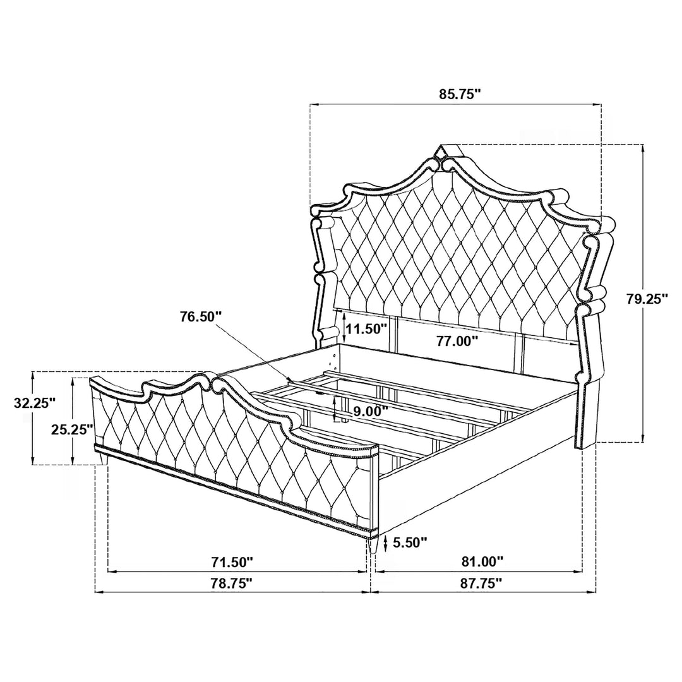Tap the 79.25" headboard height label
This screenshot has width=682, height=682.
coord(647,299)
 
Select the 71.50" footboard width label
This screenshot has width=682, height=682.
coord(232,562)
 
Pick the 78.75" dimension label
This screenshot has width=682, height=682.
coord(232,583)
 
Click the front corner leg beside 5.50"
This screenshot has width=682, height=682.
coord(373,544)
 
